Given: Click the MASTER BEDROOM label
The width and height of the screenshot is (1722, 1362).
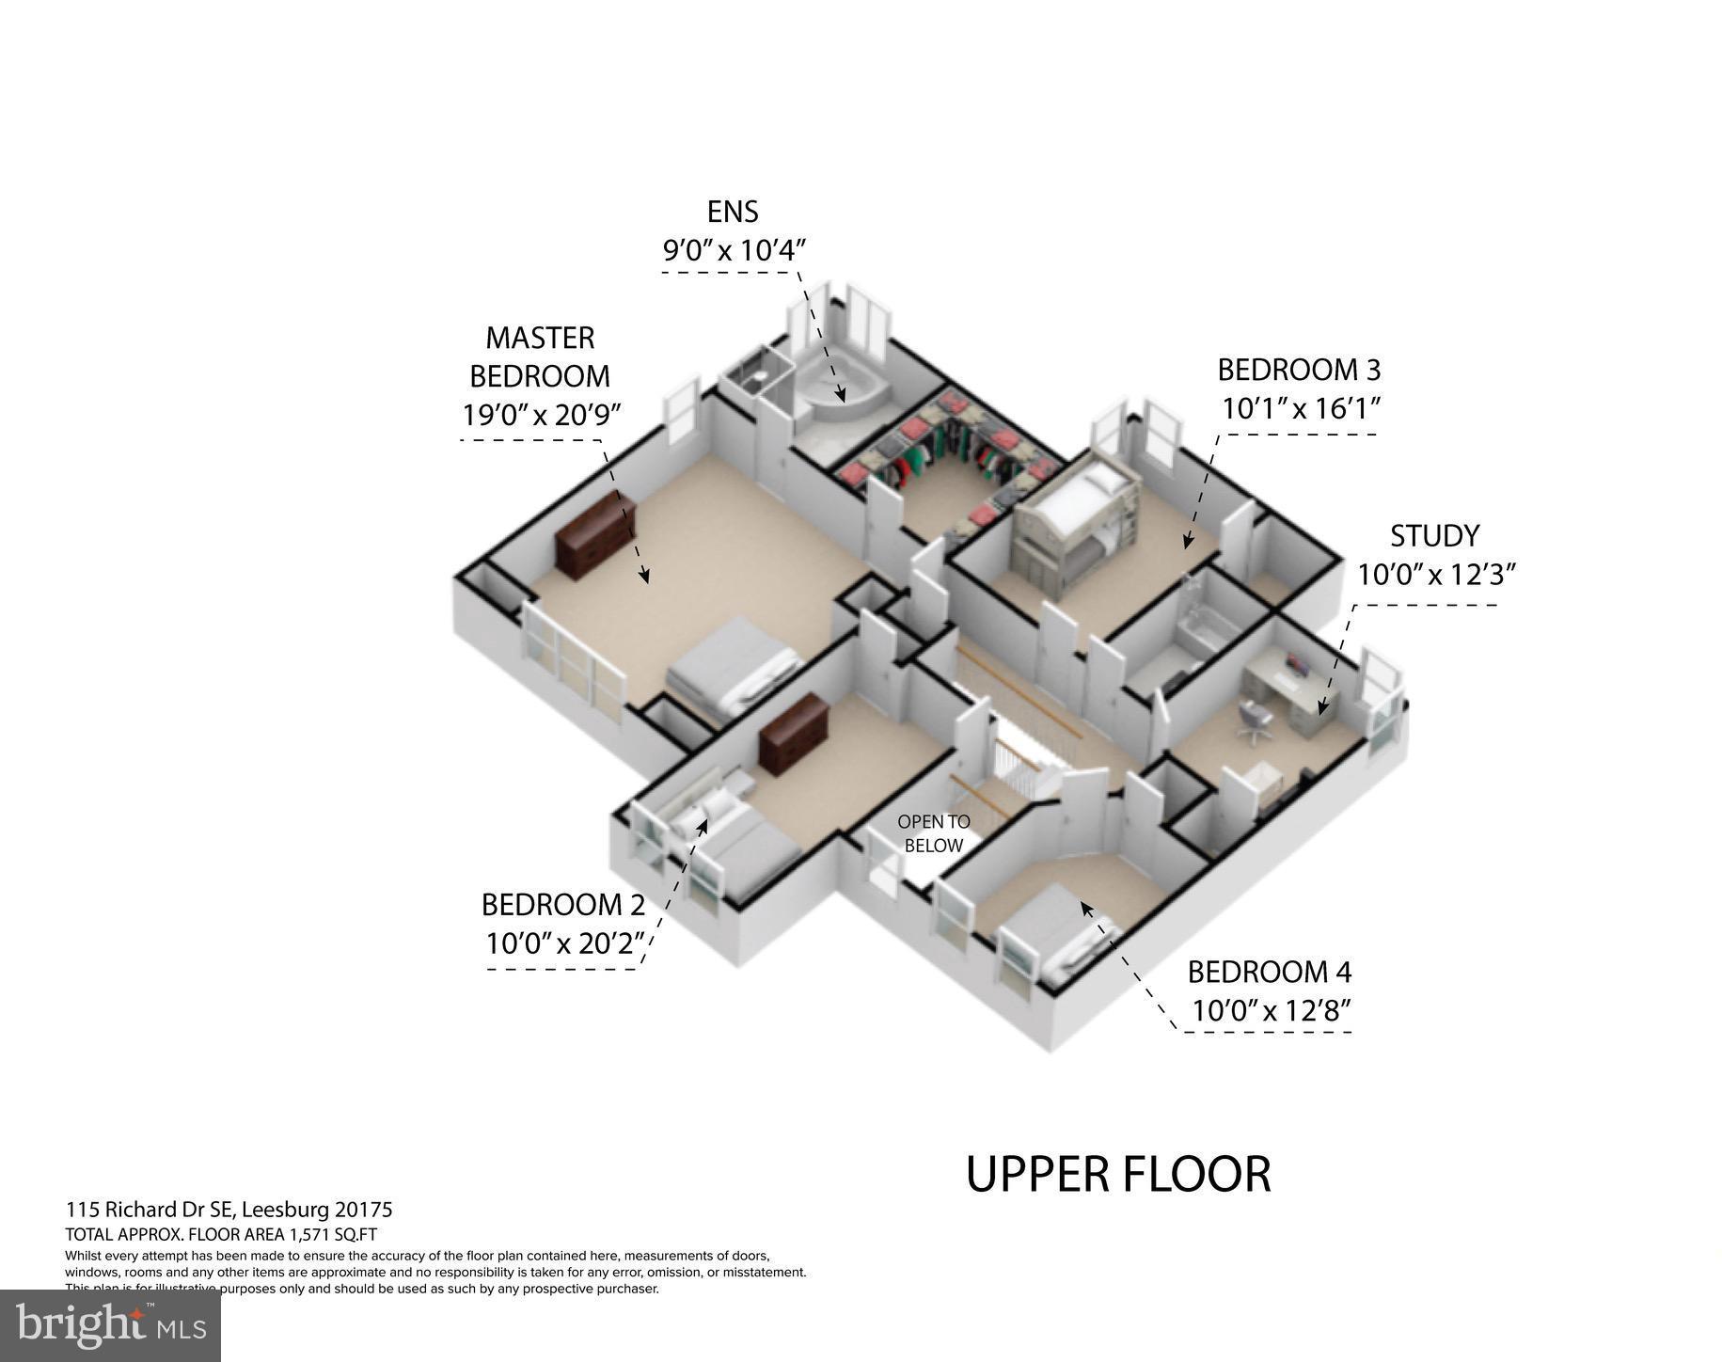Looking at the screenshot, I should (x=540, y=356).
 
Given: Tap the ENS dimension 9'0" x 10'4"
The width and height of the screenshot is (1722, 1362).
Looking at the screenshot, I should (x=734, y=250).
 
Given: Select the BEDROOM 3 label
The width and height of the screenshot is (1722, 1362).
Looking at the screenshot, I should (x=1299, y=370).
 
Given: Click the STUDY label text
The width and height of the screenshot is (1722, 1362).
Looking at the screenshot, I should (x=1434, y=535).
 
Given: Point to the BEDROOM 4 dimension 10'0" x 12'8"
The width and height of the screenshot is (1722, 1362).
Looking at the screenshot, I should (x=1272, y=1011).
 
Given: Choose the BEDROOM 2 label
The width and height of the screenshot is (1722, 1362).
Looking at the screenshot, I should (x=562, y=904).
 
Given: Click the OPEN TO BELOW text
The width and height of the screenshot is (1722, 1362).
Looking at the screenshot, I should (x=933, y=833).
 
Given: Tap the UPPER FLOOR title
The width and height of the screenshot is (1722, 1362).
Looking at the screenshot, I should (x=1118, y=1174).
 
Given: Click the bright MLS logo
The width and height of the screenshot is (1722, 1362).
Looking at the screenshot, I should (x=110, y=1326).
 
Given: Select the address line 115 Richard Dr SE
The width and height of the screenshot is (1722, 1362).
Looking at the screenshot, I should (x=229, y=1210).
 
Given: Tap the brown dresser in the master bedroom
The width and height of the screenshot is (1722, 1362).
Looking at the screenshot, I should (x=594, y=537).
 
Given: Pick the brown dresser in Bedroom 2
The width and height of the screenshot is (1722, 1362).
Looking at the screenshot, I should (x=795, y=734).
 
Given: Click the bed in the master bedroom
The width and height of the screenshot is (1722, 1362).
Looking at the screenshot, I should (x=734, y=668).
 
